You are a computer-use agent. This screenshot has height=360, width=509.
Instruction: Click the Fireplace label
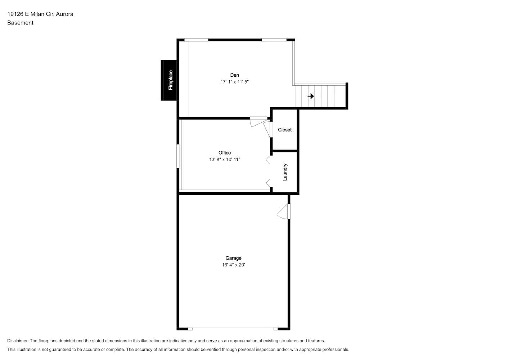(171, 80)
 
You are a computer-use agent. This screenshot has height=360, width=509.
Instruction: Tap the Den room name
(234, 75)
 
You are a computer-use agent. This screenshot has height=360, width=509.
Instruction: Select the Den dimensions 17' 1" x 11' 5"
(234, 82)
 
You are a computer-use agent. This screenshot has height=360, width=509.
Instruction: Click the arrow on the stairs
(311, 96)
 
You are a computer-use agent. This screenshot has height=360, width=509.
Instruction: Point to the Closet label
(285, 130)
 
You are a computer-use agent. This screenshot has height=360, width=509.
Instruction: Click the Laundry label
(285, 172)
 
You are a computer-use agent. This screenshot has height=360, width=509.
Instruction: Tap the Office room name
(225, 153)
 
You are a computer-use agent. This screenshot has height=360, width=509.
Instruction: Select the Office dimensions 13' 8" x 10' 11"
(225, 159)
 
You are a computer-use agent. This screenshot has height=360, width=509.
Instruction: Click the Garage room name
(233, 258)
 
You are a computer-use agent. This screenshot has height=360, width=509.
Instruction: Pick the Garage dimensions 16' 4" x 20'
(233, 265)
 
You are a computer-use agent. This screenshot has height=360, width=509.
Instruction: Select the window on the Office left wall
(178, 156)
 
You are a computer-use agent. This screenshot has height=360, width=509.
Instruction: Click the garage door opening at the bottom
(233, 329)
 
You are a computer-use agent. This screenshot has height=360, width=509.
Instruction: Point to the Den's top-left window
(196, 40)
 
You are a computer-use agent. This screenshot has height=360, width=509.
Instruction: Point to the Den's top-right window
(274, 40)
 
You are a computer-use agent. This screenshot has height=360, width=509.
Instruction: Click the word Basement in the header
(20, 23)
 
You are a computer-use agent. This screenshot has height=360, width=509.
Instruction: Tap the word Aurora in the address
(64, 14)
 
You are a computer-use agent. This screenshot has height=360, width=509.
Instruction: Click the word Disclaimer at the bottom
(18, 341)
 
